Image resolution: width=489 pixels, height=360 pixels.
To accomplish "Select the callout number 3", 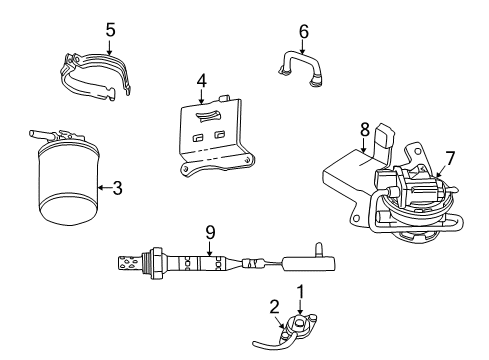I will pyautogui.click(x=117, y=186).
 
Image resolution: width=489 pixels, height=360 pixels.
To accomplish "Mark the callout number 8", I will pyautogui.click(x=365, y=128).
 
